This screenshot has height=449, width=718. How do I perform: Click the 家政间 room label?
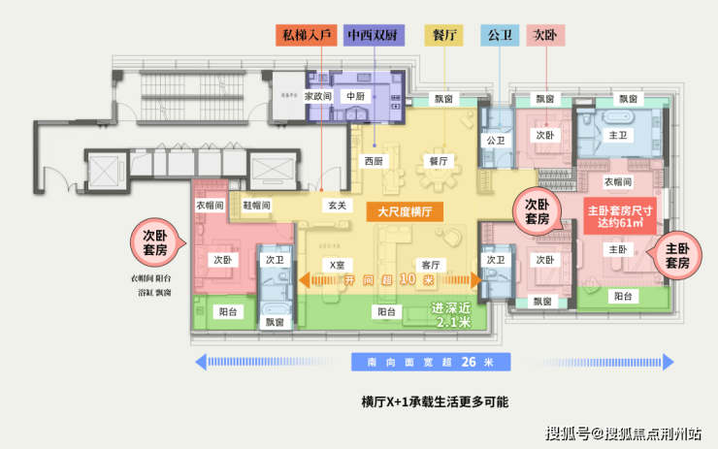click(318, 97)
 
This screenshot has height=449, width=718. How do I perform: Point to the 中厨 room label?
click(354, 97)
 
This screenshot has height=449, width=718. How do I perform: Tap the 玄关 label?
click(337, 206)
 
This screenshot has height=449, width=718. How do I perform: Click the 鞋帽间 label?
click(257, 206)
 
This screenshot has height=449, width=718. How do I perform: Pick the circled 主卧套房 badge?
click(676, 255)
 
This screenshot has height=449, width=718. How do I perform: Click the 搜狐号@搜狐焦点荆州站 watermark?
click(624, 433)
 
